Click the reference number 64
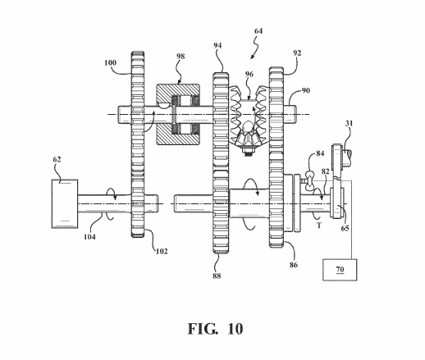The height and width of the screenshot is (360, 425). [x=258, y=31]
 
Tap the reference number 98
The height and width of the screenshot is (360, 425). [x=181, y=57]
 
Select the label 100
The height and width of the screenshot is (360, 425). [x=110, y=62]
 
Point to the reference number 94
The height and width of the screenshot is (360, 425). [x=217, y=46]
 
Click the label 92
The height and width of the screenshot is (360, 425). [x=297, y=53]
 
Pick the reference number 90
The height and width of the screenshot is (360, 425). [x=306, y=90]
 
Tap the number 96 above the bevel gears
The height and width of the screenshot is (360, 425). [x=249, y=75]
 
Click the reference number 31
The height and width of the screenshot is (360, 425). [x=349, y=124]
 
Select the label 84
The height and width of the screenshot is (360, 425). [x=320, y=153]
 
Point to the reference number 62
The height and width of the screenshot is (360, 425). [x=57, y=159]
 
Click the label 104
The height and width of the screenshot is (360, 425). [x=89, y=237]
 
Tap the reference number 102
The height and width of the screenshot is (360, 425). [x=162, y=251]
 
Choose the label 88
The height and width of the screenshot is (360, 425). [x=217, y=276]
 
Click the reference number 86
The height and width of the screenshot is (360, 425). [x=294, y=265]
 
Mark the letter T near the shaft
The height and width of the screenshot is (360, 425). [x=319, y=226]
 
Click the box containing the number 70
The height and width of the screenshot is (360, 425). [x=340, y=270]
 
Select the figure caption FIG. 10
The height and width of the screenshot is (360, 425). [x=215, y=329]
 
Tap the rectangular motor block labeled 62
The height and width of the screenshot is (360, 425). [x=65, y=204]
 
